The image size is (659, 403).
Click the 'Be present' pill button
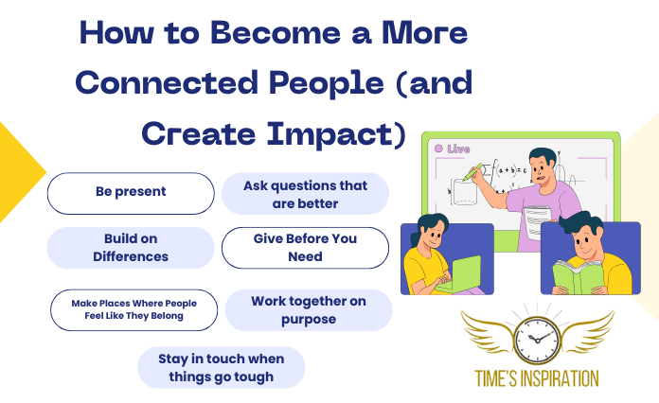point(131,192)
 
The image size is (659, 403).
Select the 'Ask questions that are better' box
point(305,193)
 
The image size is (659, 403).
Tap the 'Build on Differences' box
point(131,247)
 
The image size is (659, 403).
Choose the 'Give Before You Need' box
point(305,247)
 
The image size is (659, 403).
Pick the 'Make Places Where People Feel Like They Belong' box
point(134,310)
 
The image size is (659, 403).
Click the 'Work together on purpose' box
point(308,310)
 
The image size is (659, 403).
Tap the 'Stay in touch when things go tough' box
point(221,368)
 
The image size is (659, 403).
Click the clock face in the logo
point(536,337)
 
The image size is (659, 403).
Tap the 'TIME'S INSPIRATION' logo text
point(536,378)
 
